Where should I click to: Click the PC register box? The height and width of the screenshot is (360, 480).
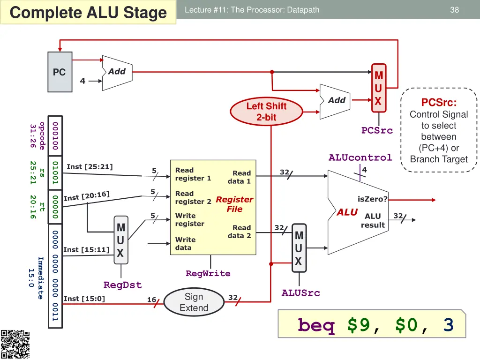point(60,72)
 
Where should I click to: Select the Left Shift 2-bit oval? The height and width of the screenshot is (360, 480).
point(266,112)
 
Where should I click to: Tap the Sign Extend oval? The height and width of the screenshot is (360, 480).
point(194,302)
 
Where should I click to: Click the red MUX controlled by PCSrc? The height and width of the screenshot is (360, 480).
point(378,88)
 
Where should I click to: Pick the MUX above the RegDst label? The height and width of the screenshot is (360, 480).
point(120,240)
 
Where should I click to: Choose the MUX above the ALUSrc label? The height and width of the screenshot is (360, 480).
point(299,248)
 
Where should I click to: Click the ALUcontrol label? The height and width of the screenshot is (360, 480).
point(360,157)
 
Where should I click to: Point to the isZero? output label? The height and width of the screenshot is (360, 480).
point(373,199)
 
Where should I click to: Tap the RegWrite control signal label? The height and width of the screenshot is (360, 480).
point(208,273)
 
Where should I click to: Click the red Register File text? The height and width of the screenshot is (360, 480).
point(234,204)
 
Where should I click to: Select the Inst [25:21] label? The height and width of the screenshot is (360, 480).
point(90,166)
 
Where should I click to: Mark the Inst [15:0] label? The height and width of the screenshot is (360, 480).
point(84,299)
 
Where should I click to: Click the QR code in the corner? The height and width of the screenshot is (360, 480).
point(15,345)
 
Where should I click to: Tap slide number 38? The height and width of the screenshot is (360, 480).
point(454,9)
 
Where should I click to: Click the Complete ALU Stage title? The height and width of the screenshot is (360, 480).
point(88,13)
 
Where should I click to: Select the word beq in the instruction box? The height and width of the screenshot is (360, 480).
point(316,325)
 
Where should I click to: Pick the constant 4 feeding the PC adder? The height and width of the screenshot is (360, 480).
point(82,81)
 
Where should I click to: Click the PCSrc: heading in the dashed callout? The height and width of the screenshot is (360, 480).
point(439,102)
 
